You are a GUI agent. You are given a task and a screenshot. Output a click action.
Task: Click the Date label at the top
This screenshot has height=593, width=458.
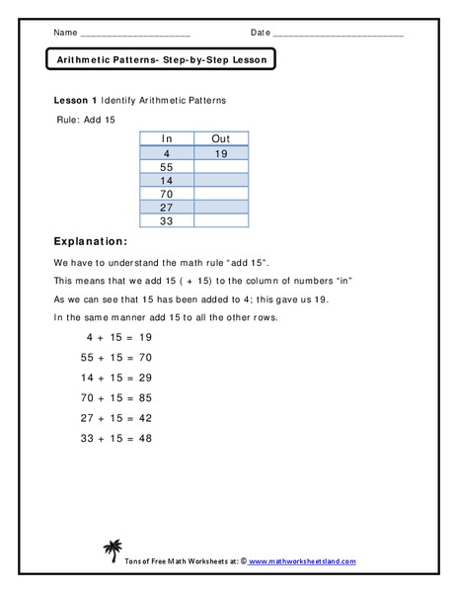click(261, 32)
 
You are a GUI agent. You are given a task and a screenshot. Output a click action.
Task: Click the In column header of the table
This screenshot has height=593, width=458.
click(167, 139)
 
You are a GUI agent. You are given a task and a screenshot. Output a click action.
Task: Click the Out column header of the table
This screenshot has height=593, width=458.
click(221, 139)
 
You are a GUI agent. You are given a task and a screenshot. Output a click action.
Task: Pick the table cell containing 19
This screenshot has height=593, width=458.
click(221, 154)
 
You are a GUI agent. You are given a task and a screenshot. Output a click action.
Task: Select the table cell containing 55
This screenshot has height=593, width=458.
click(167, 168)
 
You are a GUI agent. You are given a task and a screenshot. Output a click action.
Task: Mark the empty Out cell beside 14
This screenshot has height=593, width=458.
click(221, 182)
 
